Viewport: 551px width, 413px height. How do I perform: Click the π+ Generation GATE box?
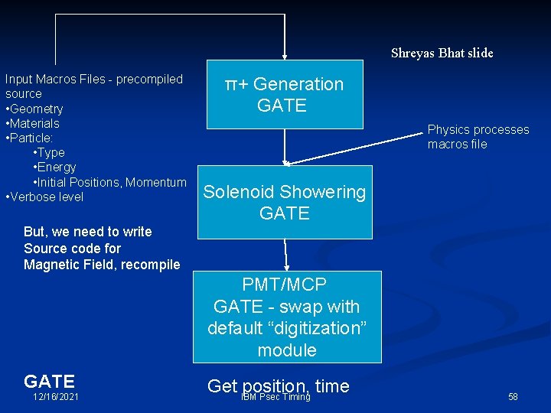(x=284, y=95)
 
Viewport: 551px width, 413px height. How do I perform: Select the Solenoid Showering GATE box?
(x=284, y=202)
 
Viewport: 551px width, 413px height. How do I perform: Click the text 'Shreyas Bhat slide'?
(x=442, y=53)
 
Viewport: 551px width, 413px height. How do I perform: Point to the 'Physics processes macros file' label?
(x=478, y=137)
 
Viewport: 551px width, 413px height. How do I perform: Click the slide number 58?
(x=513, y=397)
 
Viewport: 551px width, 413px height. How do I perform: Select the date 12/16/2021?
(x=55, y=397)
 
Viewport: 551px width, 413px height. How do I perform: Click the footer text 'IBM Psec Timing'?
(x=275, y=397)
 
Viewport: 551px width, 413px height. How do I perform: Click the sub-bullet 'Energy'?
(x=55, y=167)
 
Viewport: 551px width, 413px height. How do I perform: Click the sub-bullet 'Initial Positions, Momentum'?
(x=109, y=182)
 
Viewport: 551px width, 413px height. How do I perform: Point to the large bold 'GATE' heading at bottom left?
(x=49, y=381)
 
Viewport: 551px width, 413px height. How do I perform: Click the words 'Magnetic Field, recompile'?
(x=102, y=265)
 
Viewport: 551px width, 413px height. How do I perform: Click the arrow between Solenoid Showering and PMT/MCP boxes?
(x=286, y=255)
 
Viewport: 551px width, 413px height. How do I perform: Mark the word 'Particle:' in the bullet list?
(x=31, y=138)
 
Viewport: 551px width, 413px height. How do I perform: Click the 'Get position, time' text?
(x=278, y=386)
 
